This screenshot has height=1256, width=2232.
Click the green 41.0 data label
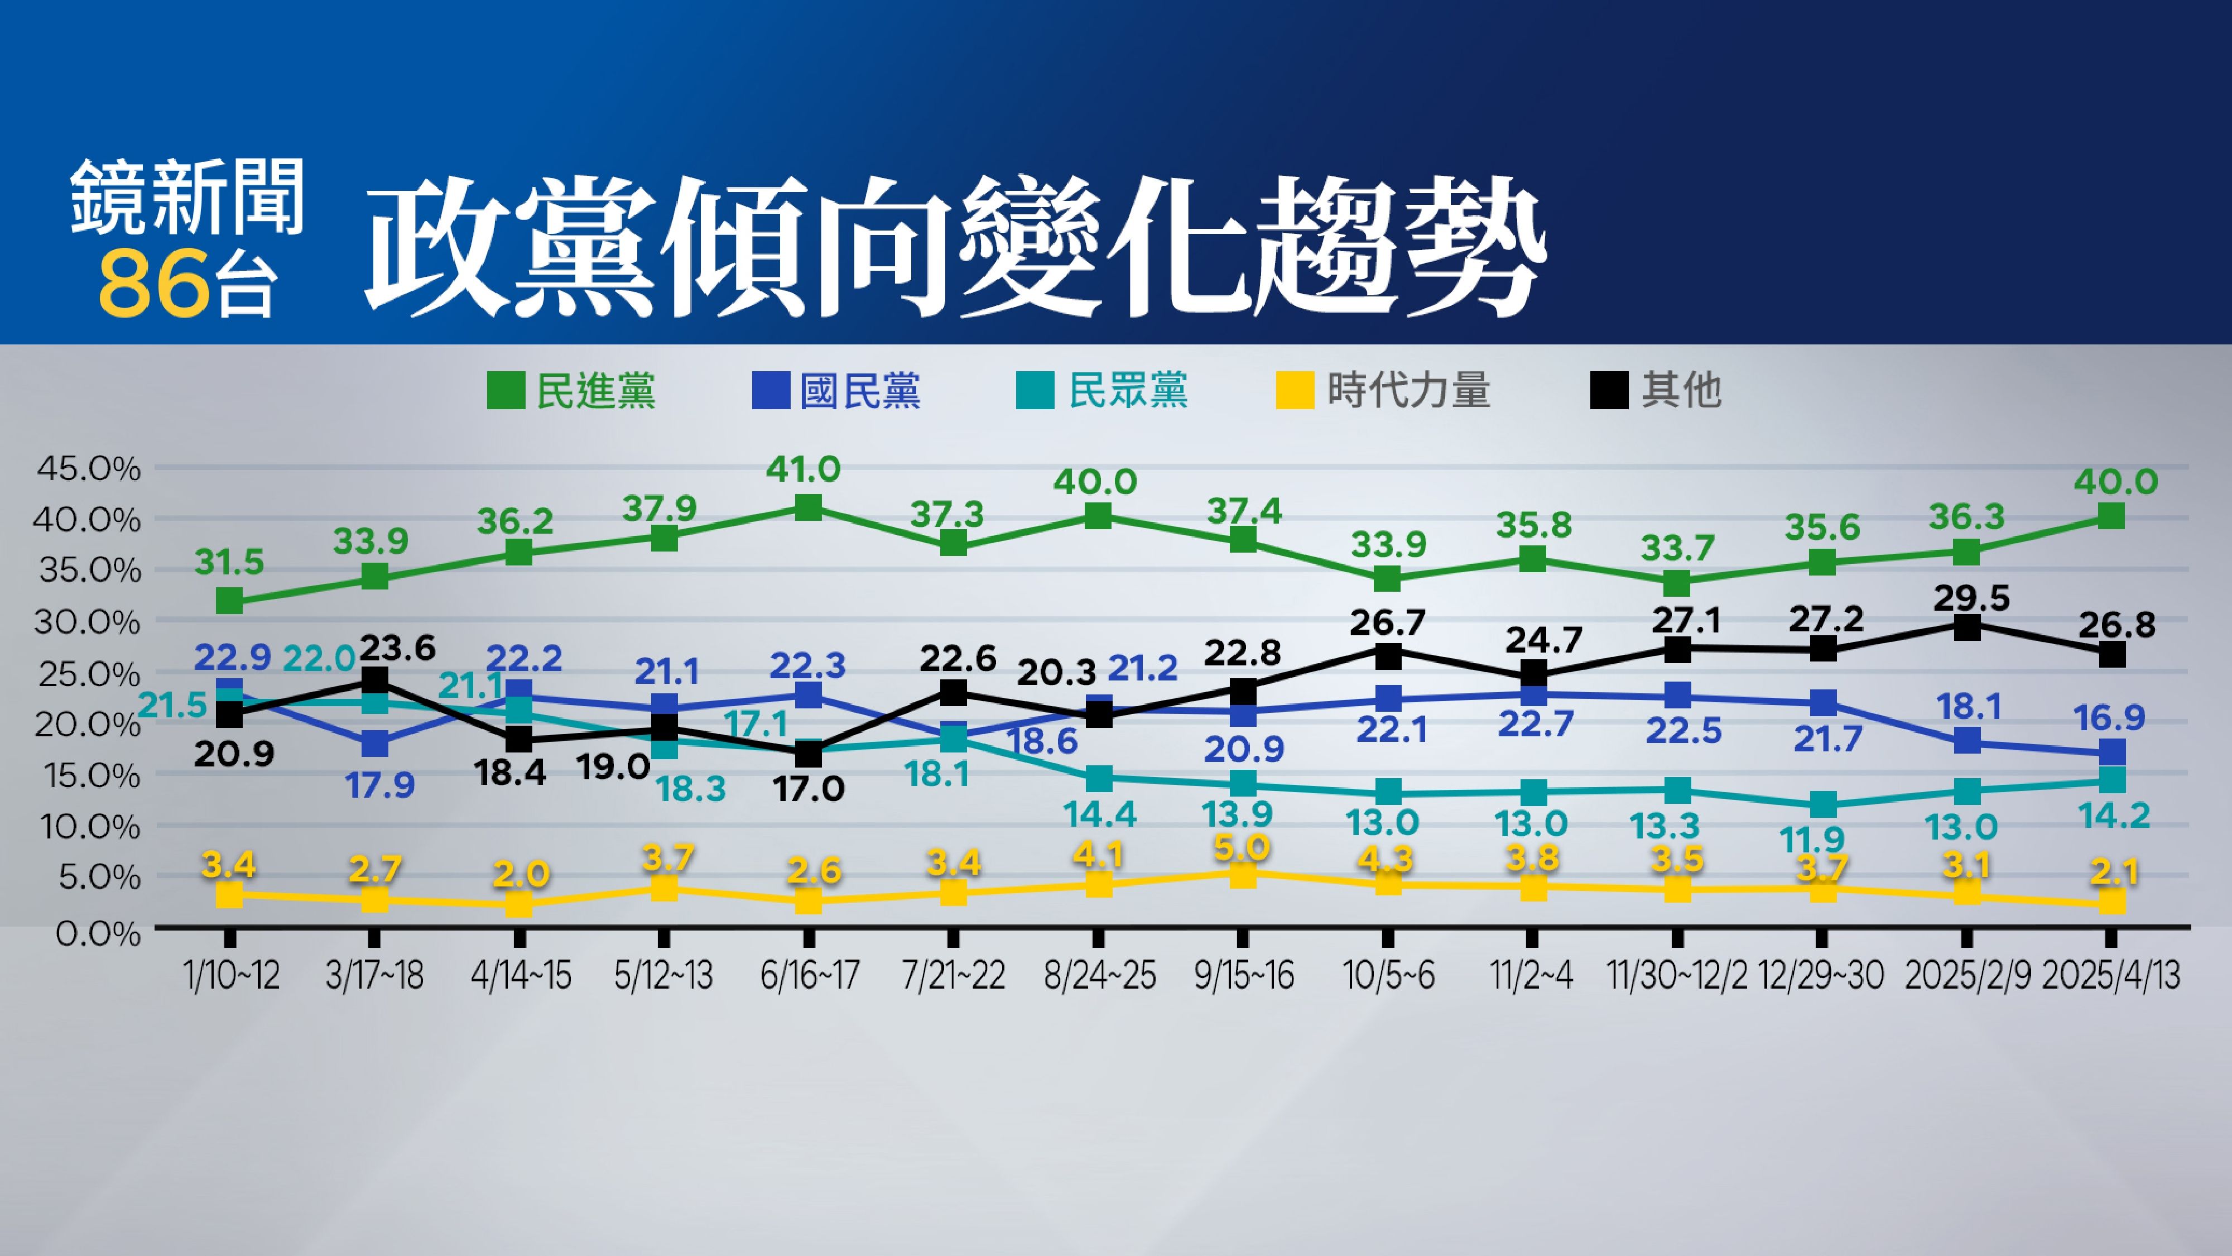click(803, 470)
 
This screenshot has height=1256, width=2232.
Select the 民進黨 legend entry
click(573, 391)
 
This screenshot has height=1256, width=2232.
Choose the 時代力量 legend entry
click(1384, 391)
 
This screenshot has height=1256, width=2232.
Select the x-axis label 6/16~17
click(809, 976)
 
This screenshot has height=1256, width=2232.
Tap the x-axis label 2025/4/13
click(2111, 976)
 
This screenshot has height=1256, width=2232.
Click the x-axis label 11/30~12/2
click(1677, 976)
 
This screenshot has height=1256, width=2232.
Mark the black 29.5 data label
click(1969, 598)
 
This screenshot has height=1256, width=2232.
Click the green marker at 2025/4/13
click(2111, 516)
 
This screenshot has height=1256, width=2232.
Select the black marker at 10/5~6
click(1388, 656)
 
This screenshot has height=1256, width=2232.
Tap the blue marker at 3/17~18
click(374, 744)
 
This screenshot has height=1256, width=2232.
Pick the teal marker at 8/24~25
click(1099, 778)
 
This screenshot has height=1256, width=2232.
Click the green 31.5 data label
click(229, 563)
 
